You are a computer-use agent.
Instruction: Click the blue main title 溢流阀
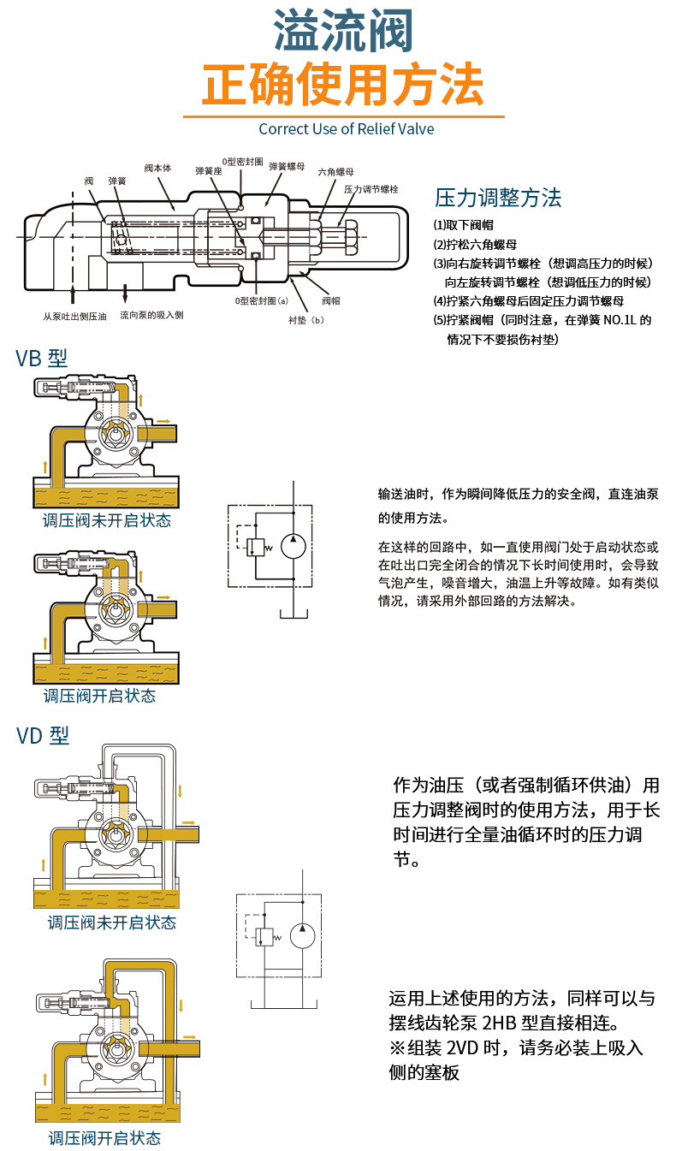(x=343, y=32)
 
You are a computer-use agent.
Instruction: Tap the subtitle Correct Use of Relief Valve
(x=347, y=129)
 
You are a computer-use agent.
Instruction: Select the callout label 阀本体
(x=157, y=168)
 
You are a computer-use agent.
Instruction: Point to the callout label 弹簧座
(x=209, y=170)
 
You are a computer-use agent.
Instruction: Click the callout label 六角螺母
(x=336, y=172)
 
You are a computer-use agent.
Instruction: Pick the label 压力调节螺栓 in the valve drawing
(x=371, y=189)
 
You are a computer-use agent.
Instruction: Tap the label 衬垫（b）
(x=306, y=320)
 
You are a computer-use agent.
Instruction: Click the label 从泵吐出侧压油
(x=74, y=317)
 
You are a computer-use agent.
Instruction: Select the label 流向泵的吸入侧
(x=151, y=315)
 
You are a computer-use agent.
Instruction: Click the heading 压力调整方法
(x=498, y=198)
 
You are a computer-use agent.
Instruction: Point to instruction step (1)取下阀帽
(x=463, y=225)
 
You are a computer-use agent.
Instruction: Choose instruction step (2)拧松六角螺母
(x=475, y=244)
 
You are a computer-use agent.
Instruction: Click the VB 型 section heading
(x=42, y=359)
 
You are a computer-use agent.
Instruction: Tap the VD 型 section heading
(x=43, y=735)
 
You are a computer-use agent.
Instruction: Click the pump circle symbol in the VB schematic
(x=294, y=546)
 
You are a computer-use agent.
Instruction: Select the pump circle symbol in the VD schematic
(x=303, y=935)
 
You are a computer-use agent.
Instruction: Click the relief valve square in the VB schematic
(x=255, y=548)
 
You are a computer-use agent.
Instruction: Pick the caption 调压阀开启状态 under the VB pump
(x=99, y=696)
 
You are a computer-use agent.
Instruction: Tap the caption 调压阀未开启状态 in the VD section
(x=112, y=923)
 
